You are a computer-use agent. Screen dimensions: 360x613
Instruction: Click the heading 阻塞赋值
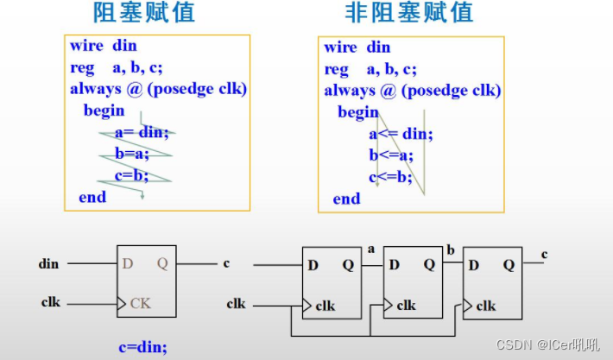tap(144, 14)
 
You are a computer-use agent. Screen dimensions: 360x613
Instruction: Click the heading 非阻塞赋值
tap(408, 14)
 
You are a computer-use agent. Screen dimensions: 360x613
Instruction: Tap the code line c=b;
tap(130, 175)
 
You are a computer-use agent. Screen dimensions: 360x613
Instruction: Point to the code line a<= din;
tap(401, 133)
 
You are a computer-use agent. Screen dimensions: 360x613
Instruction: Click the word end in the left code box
tap(92, 197)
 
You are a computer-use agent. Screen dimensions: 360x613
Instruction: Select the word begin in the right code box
tap(357, 111)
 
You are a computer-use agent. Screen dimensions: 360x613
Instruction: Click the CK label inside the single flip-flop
tap(141, 302)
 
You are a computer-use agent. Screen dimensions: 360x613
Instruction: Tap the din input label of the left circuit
tap(50, 263)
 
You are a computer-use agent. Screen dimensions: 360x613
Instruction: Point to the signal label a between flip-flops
tap(370, 249)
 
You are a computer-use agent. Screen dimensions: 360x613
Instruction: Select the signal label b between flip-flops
tap(450, 249)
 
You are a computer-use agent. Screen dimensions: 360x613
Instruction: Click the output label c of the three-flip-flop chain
tap(544, 253)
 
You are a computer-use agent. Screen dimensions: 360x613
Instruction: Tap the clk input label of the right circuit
tap(236, 303)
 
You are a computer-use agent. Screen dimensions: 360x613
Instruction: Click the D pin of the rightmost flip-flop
tap(474, 264)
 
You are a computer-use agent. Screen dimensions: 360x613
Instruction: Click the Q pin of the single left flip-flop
tap(161, 262)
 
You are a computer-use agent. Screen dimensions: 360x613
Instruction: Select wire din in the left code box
tap(103, 46)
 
